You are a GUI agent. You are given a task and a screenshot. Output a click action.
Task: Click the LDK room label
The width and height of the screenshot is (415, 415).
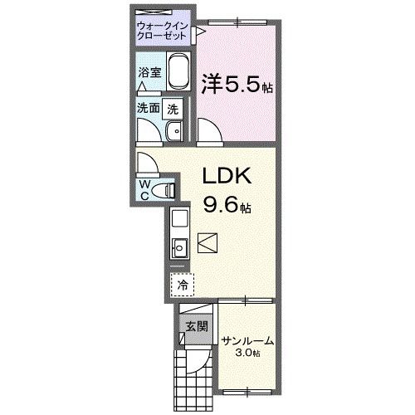222,177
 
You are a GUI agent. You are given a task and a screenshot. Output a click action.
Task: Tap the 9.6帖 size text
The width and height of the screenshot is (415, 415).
222,202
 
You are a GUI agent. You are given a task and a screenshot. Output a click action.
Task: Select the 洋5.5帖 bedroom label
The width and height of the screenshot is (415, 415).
237,84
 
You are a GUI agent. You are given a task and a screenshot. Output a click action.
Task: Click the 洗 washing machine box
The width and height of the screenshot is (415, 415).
173,108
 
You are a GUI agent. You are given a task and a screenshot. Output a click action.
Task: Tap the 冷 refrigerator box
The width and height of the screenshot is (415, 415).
181,284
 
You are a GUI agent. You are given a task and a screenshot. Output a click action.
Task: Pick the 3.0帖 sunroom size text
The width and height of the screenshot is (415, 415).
247,353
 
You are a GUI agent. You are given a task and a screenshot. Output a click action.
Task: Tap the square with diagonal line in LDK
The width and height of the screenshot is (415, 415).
208,244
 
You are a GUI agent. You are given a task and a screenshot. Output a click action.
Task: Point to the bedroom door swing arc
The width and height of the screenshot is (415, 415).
207,131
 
